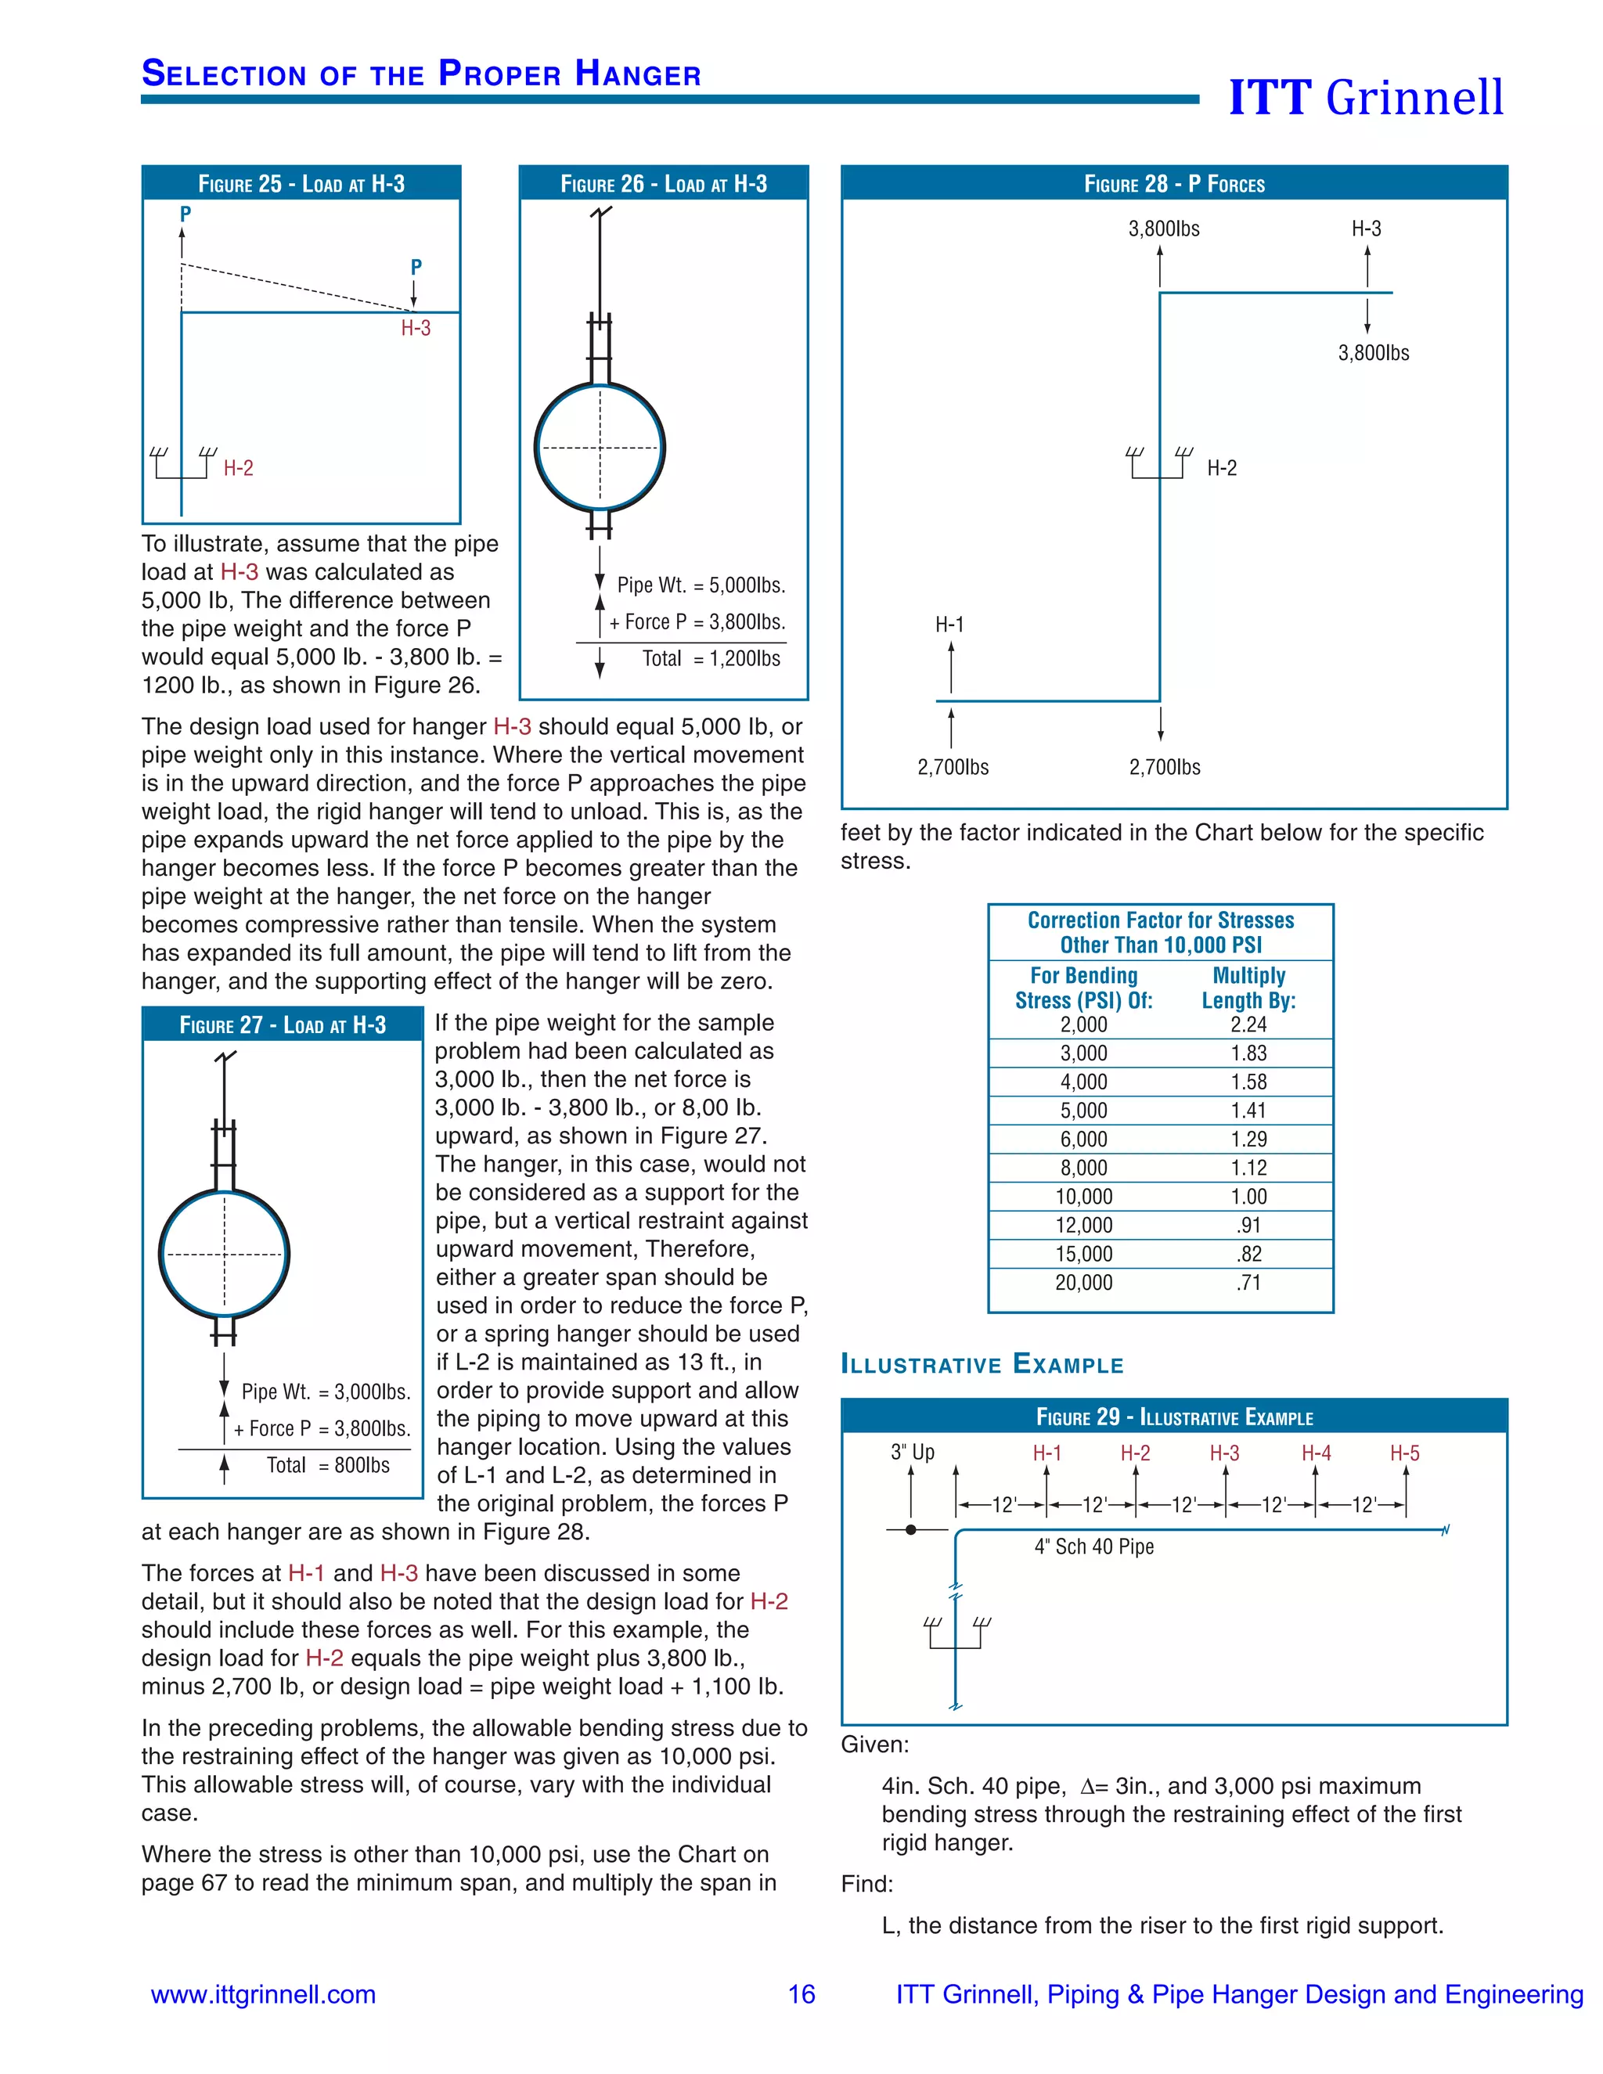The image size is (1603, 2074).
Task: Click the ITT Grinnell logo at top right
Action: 1366,97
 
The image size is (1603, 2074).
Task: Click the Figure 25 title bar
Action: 301,183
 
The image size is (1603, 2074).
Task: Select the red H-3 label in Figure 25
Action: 415,329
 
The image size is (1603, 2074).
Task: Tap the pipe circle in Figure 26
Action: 600,447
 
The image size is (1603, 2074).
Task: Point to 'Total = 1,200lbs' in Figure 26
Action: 711,659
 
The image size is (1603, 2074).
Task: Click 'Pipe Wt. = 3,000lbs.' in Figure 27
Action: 326,1392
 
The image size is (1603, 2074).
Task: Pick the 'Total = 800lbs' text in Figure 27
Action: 328,1465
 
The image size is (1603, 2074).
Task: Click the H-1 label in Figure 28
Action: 949,625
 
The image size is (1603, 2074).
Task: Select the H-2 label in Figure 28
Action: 1221,468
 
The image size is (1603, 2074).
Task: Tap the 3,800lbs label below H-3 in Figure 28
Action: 1373,353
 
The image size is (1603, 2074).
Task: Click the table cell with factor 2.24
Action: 1248,1024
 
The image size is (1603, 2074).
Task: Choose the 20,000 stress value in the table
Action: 1083,1283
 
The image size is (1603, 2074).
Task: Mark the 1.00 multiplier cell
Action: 1248,1197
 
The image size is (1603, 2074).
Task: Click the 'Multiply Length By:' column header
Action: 1248,988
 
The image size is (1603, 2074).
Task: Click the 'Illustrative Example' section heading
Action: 982,1365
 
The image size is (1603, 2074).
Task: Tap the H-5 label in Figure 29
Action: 1404,1453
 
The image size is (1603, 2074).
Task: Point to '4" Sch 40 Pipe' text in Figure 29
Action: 1094,1547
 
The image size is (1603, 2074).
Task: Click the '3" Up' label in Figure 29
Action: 912,1452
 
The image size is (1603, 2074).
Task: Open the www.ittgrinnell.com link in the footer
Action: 263,1994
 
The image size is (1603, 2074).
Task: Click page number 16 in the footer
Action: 801,1994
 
